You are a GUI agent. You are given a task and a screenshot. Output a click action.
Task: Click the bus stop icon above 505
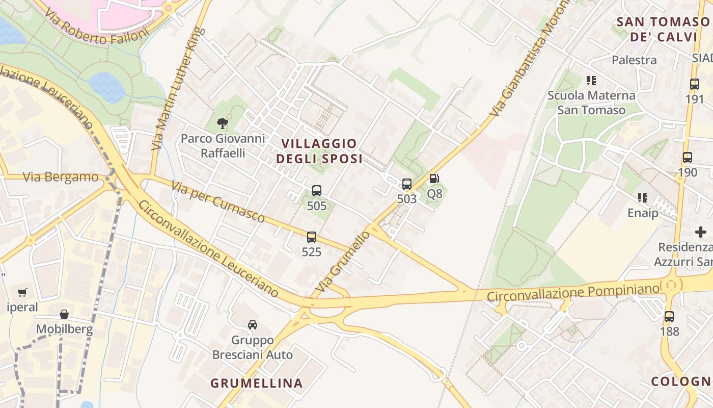pyautogui.click(x=316, y=191)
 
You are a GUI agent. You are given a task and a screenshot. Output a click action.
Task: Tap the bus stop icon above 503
pyautogui.click(x=406, y=184)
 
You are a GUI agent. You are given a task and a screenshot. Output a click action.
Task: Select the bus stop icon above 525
pyautogui.click(x=311, y=237)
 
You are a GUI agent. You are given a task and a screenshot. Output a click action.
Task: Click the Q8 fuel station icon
pyautogui.click(x=434, y=178)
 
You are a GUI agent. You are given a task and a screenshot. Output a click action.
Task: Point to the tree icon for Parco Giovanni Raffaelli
pyautogui.click(x=222, y=123)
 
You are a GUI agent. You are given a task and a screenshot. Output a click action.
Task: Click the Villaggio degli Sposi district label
pyautogui.click(x=319, y=151)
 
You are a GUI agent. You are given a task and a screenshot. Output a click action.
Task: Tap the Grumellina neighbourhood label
pyautogui.click(x=257, y=383)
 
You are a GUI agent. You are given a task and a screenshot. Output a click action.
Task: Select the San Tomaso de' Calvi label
pyautogui.click(x=663, y=29)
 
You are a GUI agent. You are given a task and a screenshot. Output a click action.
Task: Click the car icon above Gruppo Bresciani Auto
pyautogui.click(x=252, y=325)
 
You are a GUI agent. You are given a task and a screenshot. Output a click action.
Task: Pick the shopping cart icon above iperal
pyautogui.click(x=22, y=293)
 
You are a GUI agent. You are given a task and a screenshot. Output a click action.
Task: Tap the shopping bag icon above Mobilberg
pyautogui.click(x=64, y=314)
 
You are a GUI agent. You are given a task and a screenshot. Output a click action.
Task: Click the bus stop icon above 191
pyautogui.click(x=694, y=84)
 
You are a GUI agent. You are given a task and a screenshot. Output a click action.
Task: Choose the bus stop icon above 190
pyautogui.click(x=687, y=158)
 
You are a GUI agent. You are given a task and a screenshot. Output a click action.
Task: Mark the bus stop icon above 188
pyautogui.click(x=669, y=317)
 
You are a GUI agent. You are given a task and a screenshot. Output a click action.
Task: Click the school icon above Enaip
pyautogui.click(x=642, y=197)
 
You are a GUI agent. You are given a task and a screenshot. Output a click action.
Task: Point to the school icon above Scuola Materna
pyautogui.click(x=591, y=80)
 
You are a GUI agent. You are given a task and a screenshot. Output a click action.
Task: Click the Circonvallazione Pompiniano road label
pyautogui.click(x=573, y=293)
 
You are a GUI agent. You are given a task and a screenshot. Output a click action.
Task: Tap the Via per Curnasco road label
pyautogui.click(x=218, y=202)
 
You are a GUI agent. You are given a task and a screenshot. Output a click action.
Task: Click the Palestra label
pyautogui.click(x=634, y=60)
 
